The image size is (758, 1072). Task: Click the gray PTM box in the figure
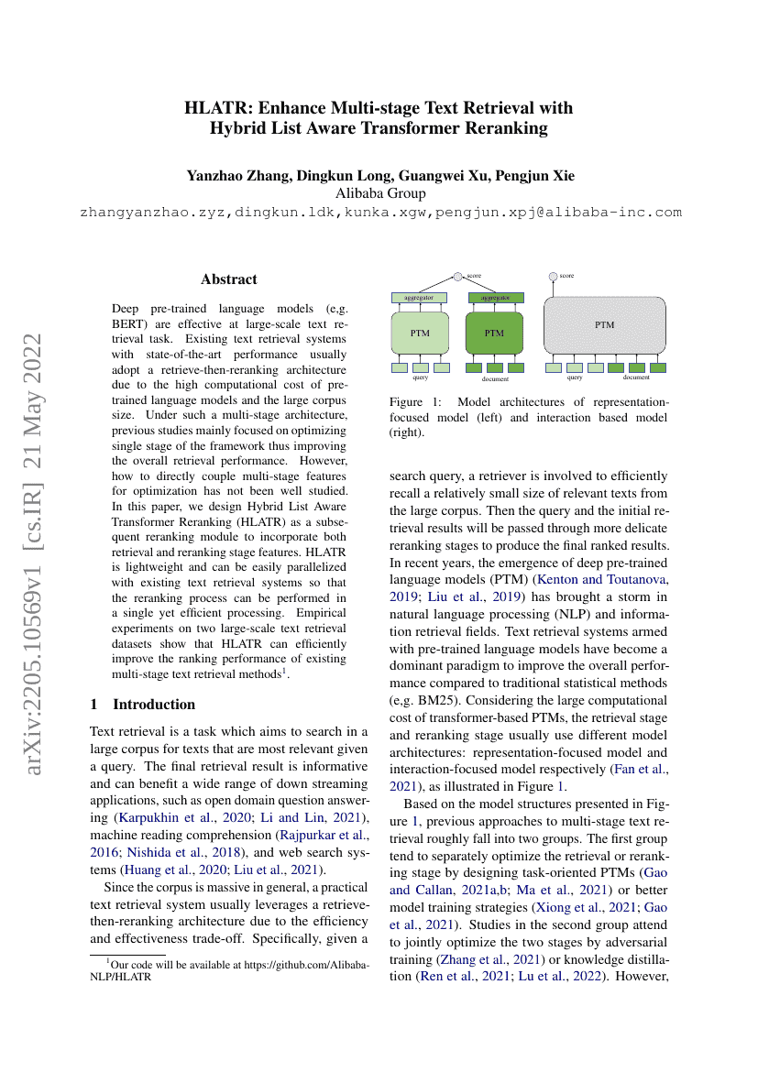point(605,325)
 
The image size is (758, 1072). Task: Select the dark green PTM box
point(495,333)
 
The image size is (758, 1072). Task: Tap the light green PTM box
point(421,333)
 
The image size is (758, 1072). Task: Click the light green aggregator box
point(419,298)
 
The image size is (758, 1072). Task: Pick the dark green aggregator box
point(496,298)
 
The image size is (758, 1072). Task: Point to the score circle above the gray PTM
point(553,276)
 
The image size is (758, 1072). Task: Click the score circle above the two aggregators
point(458,276)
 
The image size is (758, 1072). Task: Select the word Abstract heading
point(229,279)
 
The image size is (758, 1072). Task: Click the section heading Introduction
point(154,705)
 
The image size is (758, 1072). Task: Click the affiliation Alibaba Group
point(380,193)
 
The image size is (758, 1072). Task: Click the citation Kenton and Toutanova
point(602,581)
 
